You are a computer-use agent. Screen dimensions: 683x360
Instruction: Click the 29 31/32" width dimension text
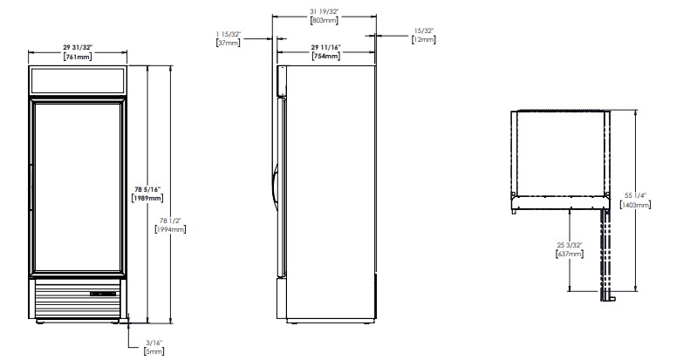pyautogui.click(x=78, y=47)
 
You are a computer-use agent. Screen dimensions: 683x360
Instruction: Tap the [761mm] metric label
pyautogui.click(x=78, y=56)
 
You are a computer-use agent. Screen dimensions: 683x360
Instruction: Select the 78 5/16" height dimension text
pyautogui.click(x=147, y=189)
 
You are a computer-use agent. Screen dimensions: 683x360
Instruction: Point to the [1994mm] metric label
pyautogui.click(x=170, y=229)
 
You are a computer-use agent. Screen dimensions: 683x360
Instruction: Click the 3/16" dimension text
pyautogui.click(x=154, y=343)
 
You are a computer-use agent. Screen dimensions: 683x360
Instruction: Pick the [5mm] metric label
pyautogui.click(x=154, y=351)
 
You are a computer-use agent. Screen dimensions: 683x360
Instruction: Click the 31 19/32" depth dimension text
pyautogui.click(x=324, y=11)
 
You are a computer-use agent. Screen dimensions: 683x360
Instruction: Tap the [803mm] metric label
pyautogui.click(x=324, y=20)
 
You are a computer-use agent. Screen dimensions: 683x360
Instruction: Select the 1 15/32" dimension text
pyautogui.click(x=229, y=34)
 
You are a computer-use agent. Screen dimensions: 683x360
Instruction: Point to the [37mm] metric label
pyautogui.click(x=229, y=43)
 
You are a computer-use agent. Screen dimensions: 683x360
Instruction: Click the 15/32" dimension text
pyautogui.click(x=424, y=31)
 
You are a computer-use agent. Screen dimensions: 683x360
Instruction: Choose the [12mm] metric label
pyautogui.click(x=424, y=39)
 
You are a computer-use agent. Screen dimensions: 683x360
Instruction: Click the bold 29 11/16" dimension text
pyautogui.click(x=326, y=47)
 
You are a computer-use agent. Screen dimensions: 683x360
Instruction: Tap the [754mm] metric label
pyautogui.click(x=326, y=56)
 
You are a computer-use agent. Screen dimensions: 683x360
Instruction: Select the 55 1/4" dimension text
pyautogui.click(x=635, y=196)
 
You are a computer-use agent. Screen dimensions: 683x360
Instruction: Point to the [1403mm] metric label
pyautogui.click(x=636, y=205)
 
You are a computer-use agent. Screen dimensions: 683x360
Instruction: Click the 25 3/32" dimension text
pyautogui.click(x=570, y=245)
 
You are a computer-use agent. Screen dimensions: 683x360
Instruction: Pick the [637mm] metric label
pyautogui.click(x=570, y=254)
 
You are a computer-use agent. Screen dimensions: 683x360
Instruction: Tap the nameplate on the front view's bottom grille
pyautogui.click(x=103, y=294)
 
